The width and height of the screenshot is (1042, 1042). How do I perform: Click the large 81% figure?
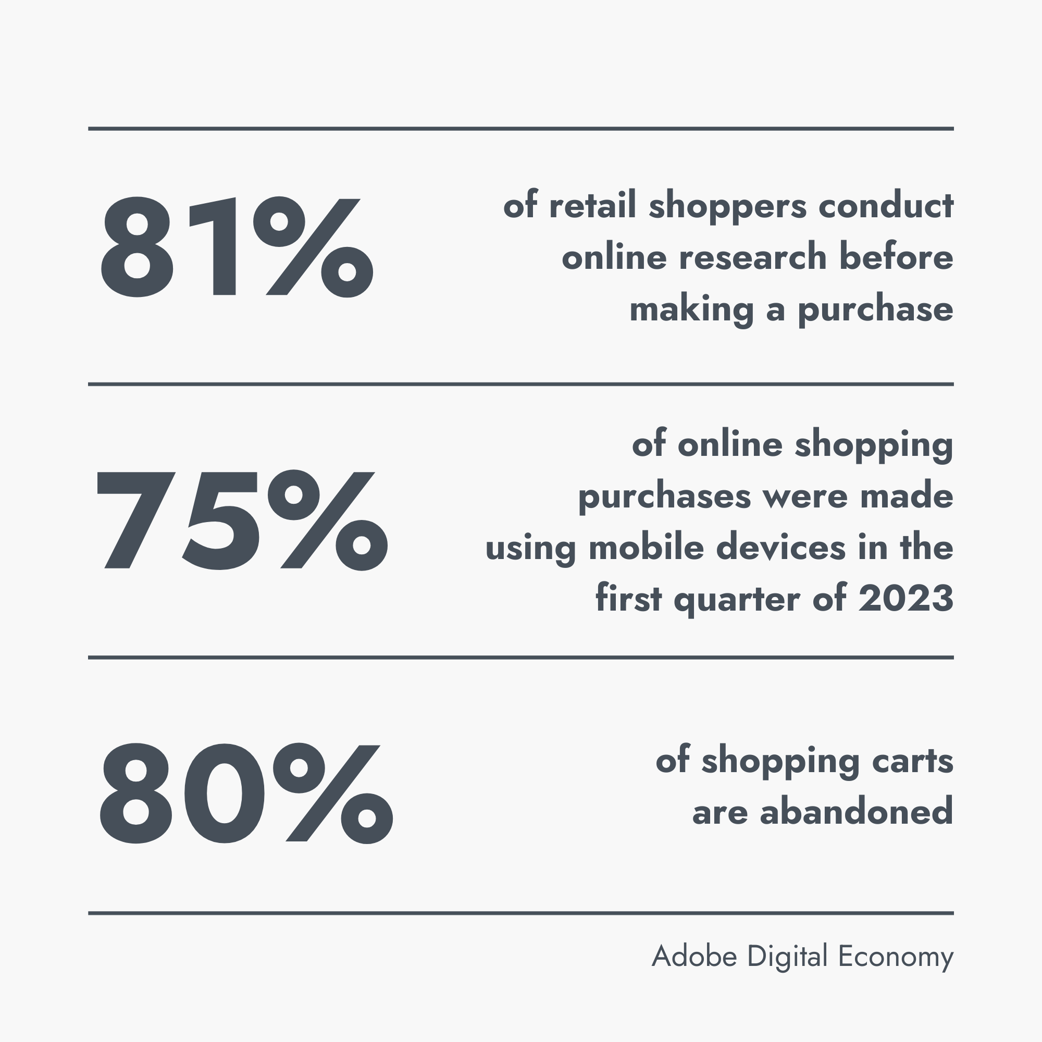click(237, 247)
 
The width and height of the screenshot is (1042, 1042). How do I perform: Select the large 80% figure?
click(246, 793)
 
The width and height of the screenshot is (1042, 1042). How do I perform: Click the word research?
click(752, 257)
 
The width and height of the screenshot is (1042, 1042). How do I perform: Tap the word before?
click(896, 257)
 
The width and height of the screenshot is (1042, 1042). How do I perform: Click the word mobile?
click(647, 548)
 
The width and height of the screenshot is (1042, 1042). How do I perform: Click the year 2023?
click(906, 599)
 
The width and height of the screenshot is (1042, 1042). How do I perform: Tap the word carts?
click(912, 761)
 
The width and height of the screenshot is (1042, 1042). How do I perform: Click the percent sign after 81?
click(313, 247)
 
